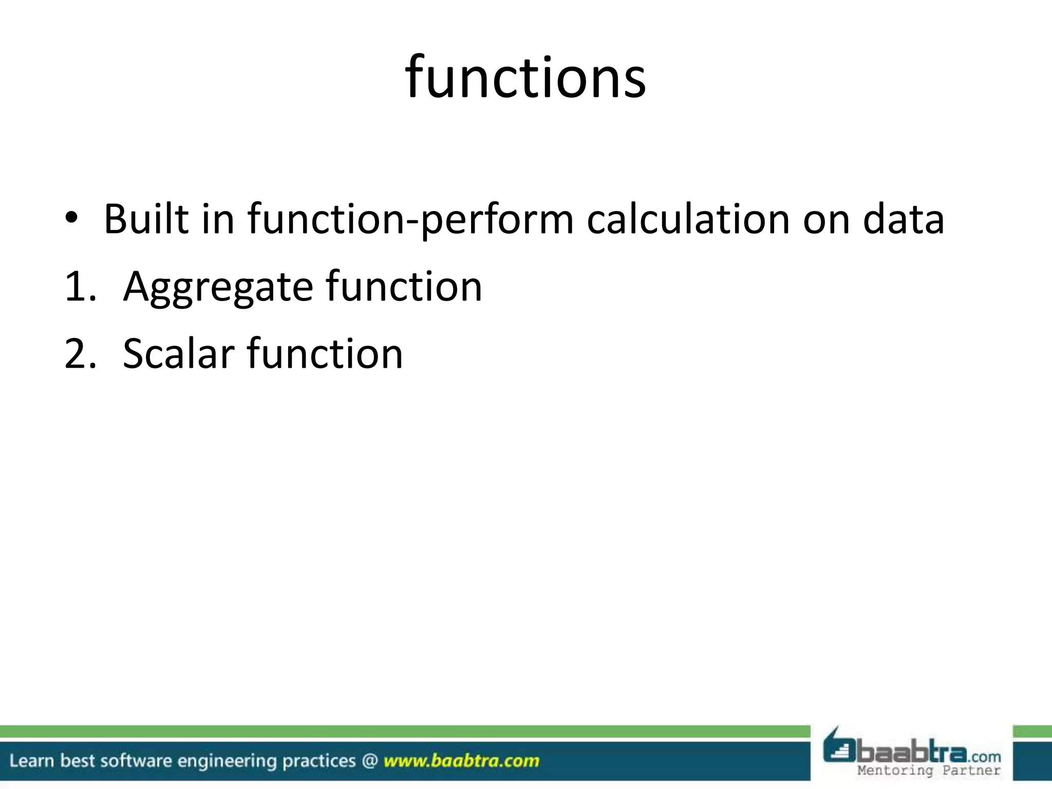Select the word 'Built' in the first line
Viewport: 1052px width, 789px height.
coord(146,219)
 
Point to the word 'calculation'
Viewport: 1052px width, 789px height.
coord(687,219)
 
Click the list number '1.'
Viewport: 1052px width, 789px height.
coord(80,287)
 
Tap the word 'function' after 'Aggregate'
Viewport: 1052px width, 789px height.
coord(404,287)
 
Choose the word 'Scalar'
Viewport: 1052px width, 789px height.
coord(179,354)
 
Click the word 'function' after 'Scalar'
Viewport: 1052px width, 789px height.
coord(325,354)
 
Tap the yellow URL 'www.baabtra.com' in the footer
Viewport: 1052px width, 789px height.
coord(461,761)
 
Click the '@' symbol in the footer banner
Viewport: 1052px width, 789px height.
coord(369,761)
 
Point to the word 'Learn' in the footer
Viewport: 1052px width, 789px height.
coord(31,761)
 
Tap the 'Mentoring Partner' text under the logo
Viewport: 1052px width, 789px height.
coord(929,771)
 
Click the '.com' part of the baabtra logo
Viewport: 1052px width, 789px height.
coord(985,757)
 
